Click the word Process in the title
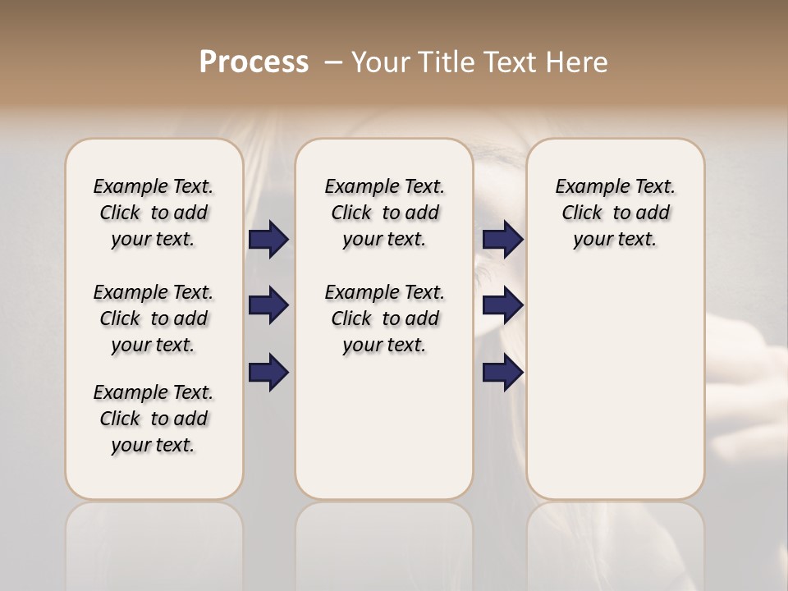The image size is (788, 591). (254, 62)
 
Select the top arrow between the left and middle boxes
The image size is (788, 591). (268, 240)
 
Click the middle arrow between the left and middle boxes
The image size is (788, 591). (268, 305)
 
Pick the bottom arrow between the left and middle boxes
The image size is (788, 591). (268, 373)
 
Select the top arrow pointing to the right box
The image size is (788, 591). (502, 240)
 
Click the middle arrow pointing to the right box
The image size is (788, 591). (502, 305)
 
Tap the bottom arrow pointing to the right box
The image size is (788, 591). (502, 373)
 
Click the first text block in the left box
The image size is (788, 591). (153, 213)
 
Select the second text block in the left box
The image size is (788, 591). (153, 318)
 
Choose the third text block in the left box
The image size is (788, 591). (153, 419)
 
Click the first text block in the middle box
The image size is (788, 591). (384, 213)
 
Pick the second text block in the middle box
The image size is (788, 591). (384, 318)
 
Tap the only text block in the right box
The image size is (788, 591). (616, 213)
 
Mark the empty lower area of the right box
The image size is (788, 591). (616, 394)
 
